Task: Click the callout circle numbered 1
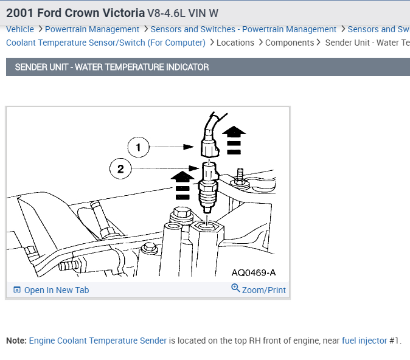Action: [138, 147]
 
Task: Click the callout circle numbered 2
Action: [120, 168]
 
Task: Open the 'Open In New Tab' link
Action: [56, 290]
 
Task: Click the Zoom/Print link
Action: [263, 290]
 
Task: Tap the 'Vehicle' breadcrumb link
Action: [20, 29]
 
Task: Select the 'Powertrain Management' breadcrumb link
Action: [92, 29]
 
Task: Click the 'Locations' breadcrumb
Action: [235, 43]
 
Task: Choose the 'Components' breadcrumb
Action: [290, 43]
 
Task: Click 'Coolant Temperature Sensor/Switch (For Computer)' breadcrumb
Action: [106, 43]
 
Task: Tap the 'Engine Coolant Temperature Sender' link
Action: [98, 341]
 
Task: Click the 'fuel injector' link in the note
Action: [364, 341]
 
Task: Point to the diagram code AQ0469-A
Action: [254, 272]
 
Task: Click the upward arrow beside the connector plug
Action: [234, 139]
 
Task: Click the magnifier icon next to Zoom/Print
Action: [235, 288]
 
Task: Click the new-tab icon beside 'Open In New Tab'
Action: [17, 290]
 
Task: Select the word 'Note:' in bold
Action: [16, 341]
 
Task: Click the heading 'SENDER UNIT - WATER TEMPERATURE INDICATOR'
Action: [112, 67]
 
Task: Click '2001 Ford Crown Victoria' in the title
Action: [75, 13]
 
